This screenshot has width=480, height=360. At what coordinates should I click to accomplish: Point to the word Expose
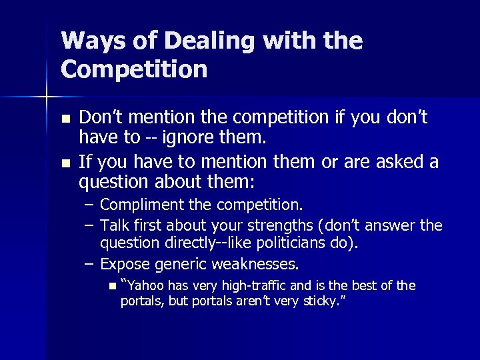[125, 265]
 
